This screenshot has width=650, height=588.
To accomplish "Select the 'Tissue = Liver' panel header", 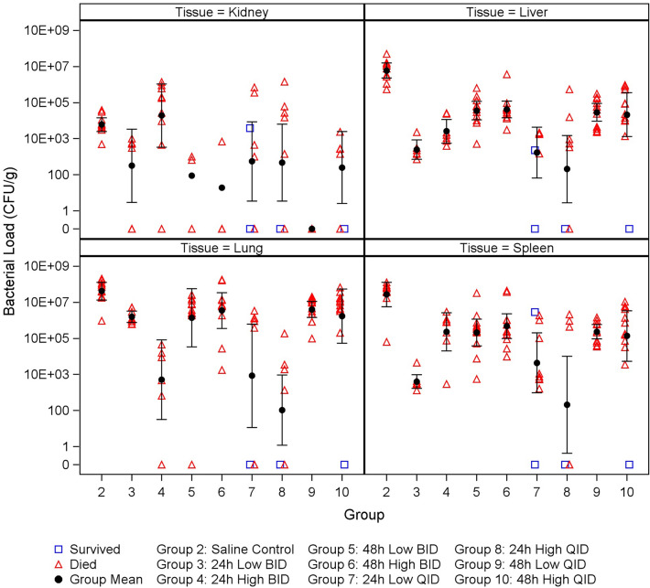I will [505, 11].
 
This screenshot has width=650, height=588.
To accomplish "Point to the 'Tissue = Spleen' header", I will [505, 247].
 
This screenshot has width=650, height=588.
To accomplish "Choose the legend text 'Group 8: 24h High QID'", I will [521, 548].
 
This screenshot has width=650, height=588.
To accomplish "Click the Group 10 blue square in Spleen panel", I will [629, 465].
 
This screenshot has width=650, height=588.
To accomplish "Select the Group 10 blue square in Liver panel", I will [629, 229].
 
